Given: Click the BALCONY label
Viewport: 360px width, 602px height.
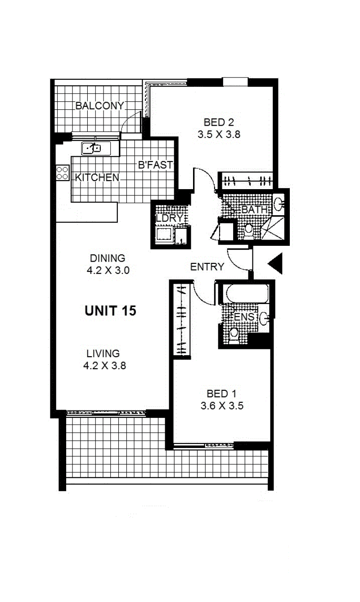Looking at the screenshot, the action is tap(99, 106).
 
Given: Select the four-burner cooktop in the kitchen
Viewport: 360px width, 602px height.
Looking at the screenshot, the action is tap(63, 172).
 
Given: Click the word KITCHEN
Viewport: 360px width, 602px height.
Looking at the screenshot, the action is tap(97, 177).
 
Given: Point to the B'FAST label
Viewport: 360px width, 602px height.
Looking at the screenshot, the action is tap(155, 165).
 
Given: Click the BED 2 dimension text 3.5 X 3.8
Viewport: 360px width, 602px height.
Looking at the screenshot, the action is tap(219, 134).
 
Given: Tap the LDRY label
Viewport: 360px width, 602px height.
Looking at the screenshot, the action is tap(170, 218).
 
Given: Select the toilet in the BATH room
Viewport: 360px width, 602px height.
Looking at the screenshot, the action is tap(249, 231).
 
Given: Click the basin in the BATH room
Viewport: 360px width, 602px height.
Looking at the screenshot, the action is tap(279, 204).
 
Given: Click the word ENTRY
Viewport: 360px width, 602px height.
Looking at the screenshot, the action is tap(207, 267).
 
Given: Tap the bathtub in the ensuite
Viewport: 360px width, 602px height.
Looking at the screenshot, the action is tap(247, 294).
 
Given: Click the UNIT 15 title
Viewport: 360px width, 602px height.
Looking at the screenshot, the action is tap(110, 311).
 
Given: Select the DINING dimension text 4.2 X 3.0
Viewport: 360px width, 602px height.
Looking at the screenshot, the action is tap(108, 270).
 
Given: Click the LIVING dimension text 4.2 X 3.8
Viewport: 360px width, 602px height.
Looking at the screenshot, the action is tap(105, 366).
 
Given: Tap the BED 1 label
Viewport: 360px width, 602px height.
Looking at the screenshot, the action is tap(222, 394).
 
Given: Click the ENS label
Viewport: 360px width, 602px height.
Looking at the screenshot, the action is tap(244, 317).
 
